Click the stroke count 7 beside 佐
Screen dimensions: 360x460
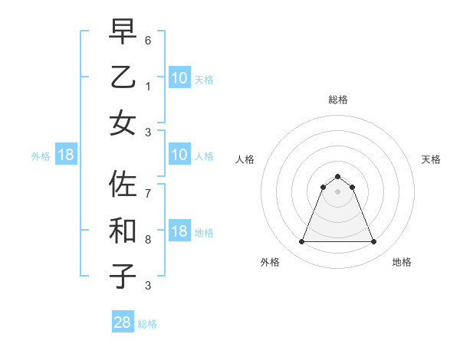click(x=148, y=193)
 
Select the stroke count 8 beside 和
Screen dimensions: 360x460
click(x=148, y=239)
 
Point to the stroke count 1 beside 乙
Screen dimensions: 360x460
click(x=148, y=86)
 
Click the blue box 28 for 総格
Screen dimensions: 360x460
click(x=123, y=322)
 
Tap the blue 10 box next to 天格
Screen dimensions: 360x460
click(x=179, y=77)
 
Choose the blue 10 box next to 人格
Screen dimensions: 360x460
click(x=179, y=155)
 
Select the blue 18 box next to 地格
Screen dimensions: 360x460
click(x=179, y=231)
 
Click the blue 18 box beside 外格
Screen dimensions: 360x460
click(x=66, y=155)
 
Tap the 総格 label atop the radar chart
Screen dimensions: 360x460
click(x=338, y=100)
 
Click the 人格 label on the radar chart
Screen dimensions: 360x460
click(x=245, y=159)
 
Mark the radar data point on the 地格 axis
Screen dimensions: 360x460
click(x=374, y=242)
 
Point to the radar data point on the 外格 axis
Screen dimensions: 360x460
click(x=301, y=242)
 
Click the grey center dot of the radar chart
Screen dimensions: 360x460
click(x=338, y=191)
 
